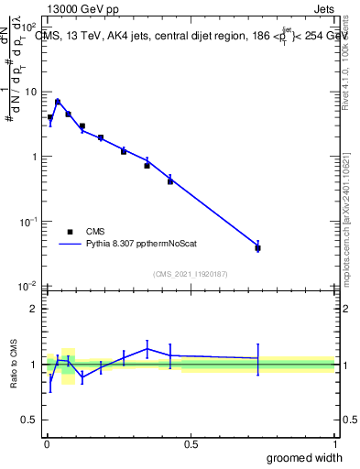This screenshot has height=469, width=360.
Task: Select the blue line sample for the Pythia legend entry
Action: [71, 245]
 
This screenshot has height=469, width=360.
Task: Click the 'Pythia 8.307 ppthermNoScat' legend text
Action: [142, 245]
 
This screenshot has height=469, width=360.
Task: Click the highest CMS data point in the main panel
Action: [58, 102]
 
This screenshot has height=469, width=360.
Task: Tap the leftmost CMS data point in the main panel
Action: [50, 117]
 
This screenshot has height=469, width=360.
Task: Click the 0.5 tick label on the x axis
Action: [191, 443]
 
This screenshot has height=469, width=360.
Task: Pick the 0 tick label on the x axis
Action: [47, 443]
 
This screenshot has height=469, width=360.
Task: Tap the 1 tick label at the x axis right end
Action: [333, 443]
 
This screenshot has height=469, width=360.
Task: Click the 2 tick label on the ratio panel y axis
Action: [34, 309]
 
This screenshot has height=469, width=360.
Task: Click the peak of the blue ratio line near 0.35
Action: [147, 348]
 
